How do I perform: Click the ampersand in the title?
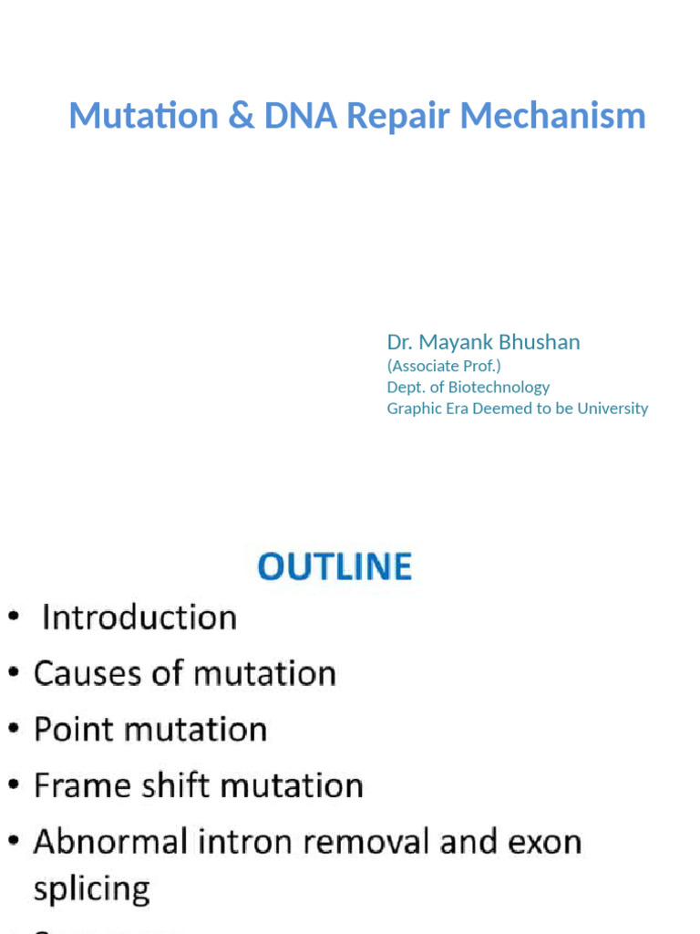tap(242, 116)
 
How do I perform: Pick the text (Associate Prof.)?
tap(444, 366)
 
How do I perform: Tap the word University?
tap(612, 408)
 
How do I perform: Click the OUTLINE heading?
tap(335, 566)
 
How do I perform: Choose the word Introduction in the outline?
tap(139, 617)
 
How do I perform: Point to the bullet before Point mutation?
tap(15, 731)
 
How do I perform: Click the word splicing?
tap(91, 888)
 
